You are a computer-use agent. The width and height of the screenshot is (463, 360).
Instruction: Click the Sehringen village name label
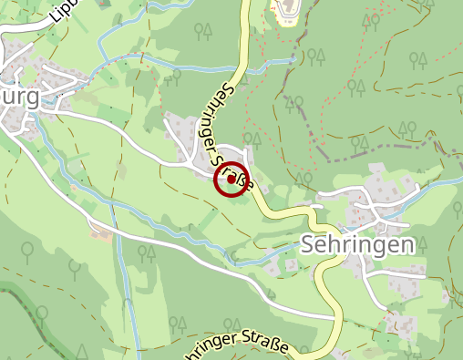(357, 244)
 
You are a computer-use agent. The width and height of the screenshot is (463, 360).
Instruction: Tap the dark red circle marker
(231, 179)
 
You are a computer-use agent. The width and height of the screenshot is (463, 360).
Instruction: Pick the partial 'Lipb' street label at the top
(66, 10)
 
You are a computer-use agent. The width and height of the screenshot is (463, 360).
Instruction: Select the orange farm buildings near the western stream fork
(102, 234)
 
